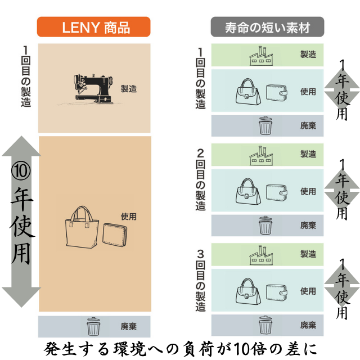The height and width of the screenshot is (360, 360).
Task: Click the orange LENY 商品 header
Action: point(94,26)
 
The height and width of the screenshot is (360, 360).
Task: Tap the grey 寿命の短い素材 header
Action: point(267,26)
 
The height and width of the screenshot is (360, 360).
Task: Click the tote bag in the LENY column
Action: point(82,227)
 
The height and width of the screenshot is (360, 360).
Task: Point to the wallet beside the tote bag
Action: point(115,235)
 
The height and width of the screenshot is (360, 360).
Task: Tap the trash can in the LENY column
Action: point(93,326)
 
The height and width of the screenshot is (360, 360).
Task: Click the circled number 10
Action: point(21,171)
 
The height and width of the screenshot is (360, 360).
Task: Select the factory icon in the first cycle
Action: point(261,56)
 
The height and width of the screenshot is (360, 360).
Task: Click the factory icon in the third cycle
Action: point(261,255)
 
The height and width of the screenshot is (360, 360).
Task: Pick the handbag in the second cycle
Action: point(248,191)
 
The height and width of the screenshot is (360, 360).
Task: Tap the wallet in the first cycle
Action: point(277,93)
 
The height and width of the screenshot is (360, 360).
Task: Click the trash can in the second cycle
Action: point(265,225)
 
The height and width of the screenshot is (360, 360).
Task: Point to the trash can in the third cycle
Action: point(265,325)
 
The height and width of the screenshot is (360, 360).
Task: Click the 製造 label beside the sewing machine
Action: point(129,89)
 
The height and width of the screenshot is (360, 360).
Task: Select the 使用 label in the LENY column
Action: point(129,216)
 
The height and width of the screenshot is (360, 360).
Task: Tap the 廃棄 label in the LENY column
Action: point(129,326)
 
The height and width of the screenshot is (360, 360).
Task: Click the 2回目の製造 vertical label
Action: point(200,180)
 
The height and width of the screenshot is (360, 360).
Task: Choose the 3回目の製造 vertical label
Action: point(200,281)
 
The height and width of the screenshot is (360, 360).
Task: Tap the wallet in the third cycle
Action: point(277,292)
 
